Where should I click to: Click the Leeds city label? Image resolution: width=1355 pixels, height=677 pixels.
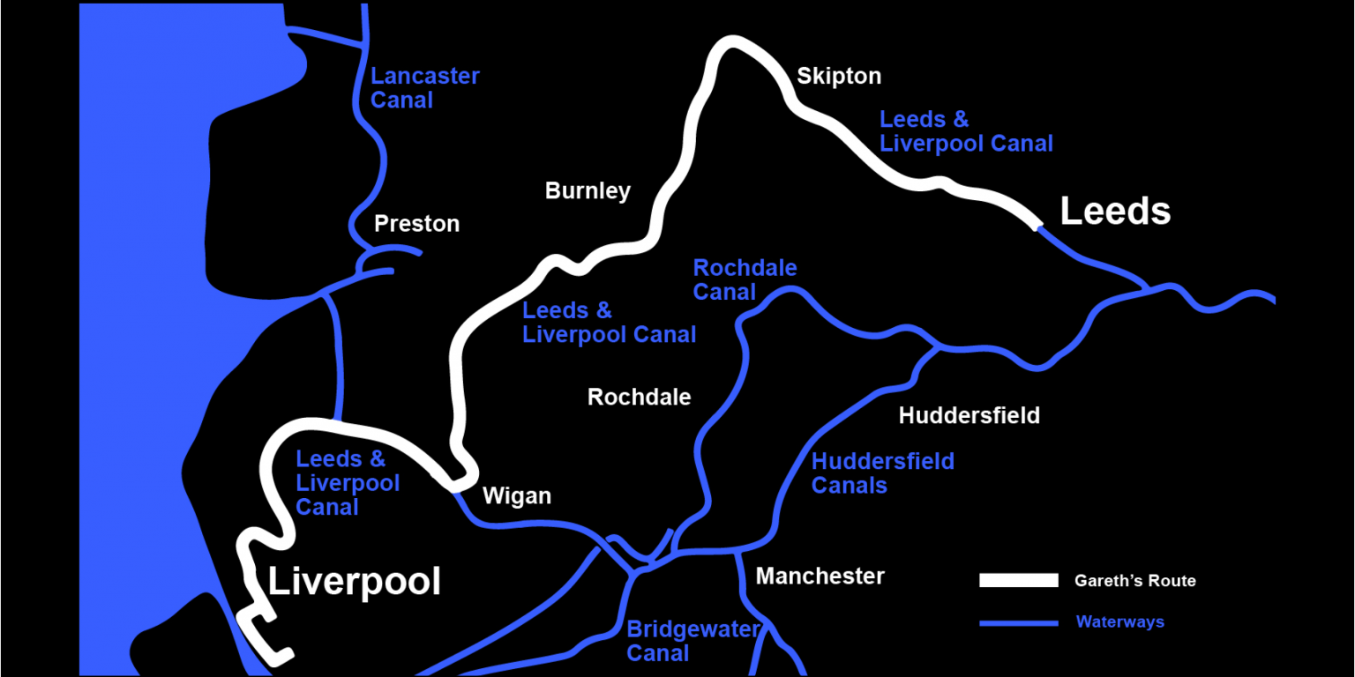click(x=1115, y=212)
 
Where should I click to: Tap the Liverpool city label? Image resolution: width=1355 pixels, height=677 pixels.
click(x=354, y=582)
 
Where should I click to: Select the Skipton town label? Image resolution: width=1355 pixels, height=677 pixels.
click(x=839, y=77)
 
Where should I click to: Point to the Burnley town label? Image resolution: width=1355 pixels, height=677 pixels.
click(x=588, y=191)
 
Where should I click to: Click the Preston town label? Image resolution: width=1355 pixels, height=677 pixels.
click(x=416, y=224)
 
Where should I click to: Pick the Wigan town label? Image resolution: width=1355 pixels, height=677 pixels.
click(x=516, y=496)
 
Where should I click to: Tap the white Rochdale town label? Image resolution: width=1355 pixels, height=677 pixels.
click(x=639, y=398)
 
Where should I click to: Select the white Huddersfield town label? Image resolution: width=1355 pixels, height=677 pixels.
click(x=969, y=415)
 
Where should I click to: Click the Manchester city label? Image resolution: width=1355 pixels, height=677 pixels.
click(x=820, y=577)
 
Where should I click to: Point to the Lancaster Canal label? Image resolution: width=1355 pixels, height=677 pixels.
click(x=424, y=88)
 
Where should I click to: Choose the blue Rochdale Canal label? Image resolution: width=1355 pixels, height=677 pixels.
click(x=745, y=279)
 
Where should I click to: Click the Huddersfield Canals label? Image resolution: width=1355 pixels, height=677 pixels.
click(x=882, y=473)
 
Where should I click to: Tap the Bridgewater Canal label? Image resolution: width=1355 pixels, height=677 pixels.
click(x=692, y=642)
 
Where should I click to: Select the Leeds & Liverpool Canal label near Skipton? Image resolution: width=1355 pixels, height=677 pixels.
click(x=966, y=131)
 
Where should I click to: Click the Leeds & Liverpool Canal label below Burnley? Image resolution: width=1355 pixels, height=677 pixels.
click(x=609, y=323)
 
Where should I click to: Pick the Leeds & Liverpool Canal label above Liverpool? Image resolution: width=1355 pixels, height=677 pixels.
click(x=348, y=483)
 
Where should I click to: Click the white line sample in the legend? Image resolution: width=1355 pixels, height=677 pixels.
click(x=1018, y=580)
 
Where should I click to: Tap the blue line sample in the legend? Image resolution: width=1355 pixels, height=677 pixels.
click(x=1018, y=623)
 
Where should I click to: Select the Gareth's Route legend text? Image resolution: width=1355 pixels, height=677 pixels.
click(x=1134, y=581)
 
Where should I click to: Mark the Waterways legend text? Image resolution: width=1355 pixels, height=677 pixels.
click(x=1119, y=622)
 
